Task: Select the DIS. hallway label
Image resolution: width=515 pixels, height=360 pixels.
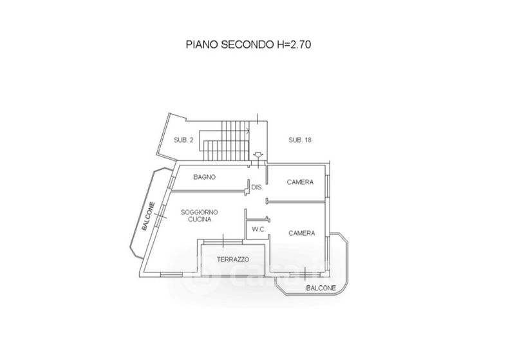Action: tap(257, 187)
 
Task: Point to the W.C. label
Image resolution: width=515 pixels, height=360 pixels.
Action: tap(258, 229)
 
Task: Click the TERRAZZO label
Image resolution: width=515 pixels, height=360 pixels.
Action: tap(232, 259)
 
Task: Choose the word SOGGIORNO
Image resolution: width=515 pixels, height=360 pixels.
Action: tap(200, 212)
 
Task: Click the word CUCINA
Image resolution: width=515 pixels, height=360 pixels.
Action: tap(200, 220)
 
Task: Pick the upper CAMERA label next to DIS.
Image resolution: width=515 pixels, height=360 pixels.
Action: tap(300, 182)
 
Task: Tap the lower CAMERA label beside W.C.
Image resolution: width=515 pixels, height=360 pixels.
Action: tap(301, 232)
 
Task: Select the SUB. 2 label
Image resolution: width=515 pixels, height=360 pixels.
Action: tap(183, 140)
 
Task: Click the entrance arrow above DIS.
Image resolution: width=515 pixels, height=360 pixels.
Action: tap(258, 155)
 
